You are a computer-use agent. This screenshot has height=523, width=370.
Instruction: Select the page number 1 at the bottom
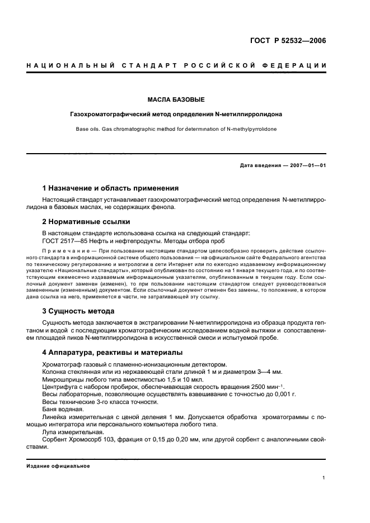tap(324, 477)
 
